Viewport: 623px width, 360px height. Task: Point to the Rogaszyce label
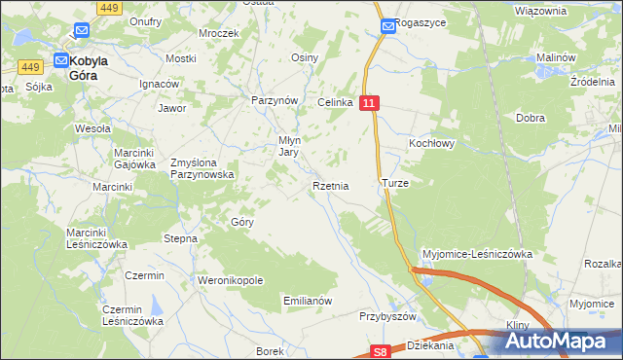(421, 26)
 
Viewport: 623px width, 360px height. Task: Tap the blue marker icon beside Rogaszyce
(387, 26)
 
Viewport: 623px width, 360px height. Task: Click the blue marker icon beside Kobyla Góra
(59, 59)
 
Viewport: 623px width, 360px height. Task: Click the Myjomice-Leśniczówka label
(476, 254)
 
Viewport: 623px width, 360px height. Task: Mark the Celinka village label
(333, 102)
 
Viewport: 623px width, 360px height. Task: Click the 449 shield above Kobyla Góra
(110, 8)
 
